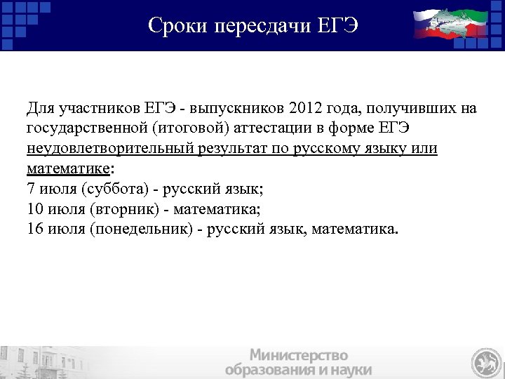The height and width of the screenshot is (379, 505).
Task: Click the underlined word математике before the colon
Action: click(67, 168)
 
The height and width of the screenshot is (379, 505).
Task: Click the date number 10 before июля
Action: click(34, 208)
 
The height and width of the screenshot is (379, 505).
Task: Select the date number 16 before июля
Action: click(34, 228)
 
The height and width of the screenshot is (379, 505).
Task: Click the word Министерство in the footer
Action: click(299, 354)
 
